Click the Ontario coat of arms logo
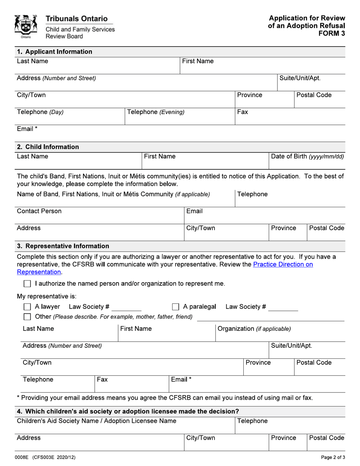click(x=26, y=27)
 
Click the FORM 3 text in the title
click(x=332, y=33)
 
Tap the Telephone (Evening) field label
click(x=156, y=112)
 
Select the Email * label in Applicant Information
click(x=27, y=129)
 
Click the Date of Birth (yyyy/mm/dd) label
click(x=308, y=156)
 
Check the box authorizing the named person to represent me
click(x=27, y=284)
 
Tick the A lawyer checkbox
click(x=27, y=307)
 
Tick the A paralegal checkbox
click(x=175, y=307)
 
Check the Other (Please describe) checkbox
click(x=27, y=317)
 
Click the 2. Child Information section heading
click(x=48, y=147)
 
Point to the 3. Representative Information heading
click(x=63, y=246)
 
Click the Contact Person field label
click(x=39, y=211)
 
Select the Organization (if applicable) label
click(x=254, y=329)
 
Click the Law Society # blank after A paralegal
click(x=283, y=308)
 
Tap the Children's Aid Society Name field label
click(x=97, y=421)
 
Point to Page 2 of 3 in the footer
click(x=333, y=458)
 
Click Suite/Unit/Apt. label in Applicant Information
click(x=300, y=78)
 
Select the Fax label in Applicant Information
click(x=243, y=112)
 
